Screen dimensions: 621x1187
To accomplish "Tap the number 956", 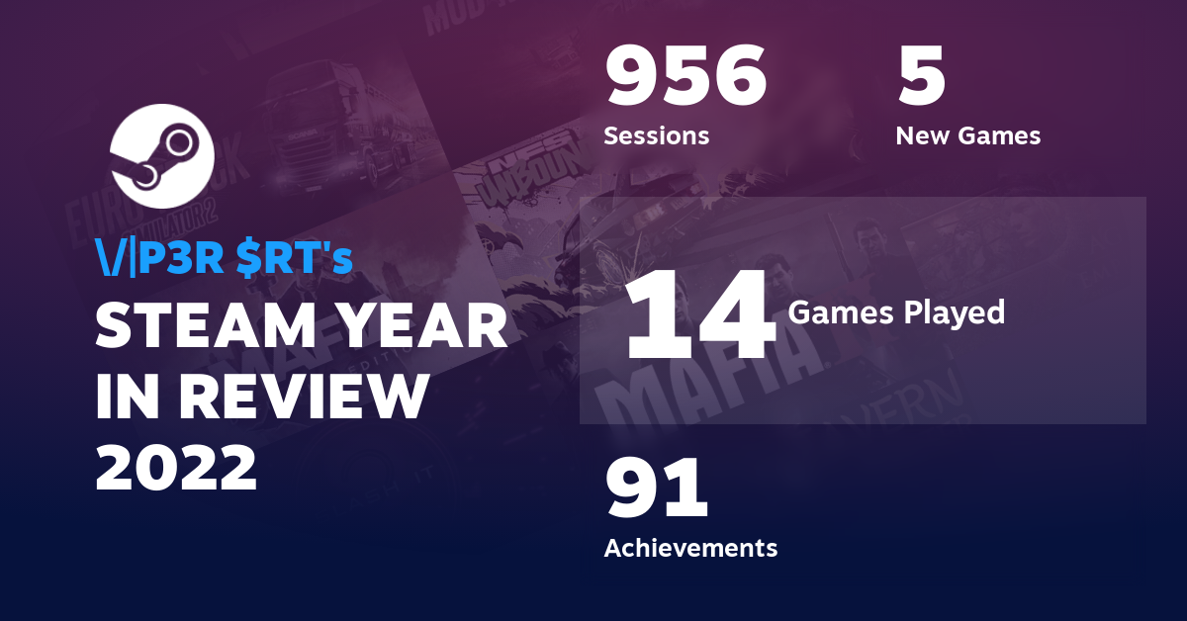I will (x=685, y=78).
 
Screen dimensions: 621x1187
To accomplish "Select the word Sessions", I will (x=656, y=135).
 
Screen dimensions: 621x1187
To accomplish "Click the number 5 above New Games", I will (x=922, y=78).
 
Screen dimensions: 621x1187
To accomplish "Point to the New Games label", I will (x=967, y=135).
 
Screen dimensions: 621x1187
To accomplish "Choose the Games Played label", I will (x=896, y=313).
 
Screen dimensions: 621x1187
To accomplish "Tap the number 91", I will (x=656, y=489).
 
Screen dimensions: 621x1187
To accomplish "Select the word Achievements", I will (x=690, y=547).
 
